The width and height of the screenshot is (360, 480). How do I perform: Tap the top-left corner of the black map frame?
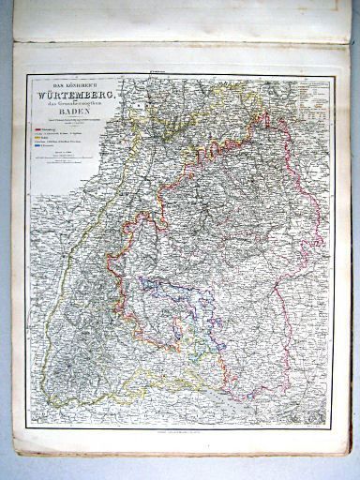point(27,76)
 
